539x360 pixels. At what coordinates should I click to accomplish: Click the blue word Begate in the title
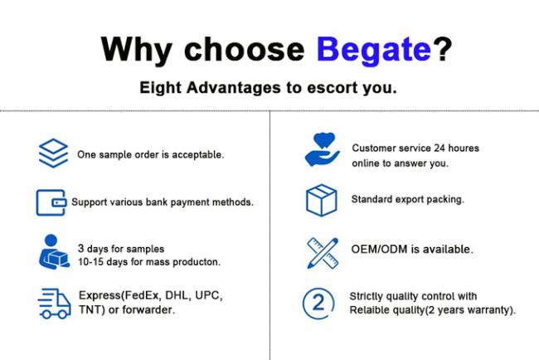point(374,50)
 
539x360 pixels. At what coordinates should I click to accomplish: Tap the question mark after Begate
point(443,48)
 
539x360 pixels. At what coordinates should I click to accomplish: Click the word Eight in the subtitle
point(160,88)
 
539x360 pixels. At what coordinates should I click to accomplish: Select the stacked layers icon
point(53,153)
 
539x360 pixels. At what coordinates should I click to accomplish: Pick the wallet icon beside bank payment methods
point(51,202)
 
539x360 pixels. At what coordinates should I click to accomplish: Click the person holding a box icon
point(54,252)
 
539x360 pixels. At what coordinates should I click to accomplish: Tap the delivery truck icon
point(54,304)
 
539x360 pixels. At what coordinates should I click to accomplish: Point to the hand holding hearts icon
point(322,149)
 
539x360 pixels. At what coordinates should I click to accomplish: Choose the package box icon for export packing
point(322,201)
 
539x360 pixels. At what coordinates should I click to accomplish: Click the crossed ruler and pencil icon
point(323,253)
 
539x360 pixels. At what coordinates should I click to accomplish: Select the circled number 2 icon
point(318,304)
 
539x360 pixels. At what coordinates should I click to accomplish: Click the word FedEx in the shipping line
point(142,295)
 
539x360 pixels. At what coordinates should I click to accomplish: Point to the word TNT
point(90,309)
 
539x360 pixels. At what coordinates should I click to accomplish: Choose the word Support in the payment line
point(90,202)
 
